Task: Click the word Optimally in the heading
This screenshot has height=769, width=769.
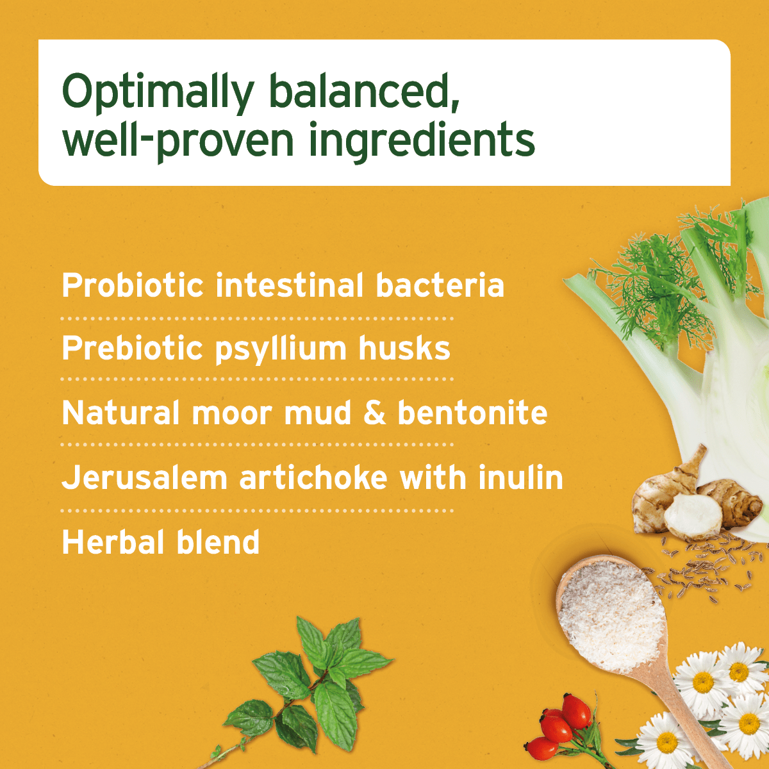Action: [x=158, y=93]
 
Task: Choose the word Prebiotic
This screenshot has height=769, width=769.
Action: [x=132, y=349]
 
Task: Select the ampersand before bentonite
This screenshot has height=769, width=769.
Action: [x=375, y=413]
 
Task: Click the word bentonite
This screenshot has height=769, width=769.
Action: [x=472, y=413]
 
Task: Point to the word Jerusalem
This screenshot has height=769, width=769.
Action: [x=144, y=478]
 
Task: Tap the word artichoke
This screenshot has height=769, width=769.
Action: [x=313, y=478]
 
